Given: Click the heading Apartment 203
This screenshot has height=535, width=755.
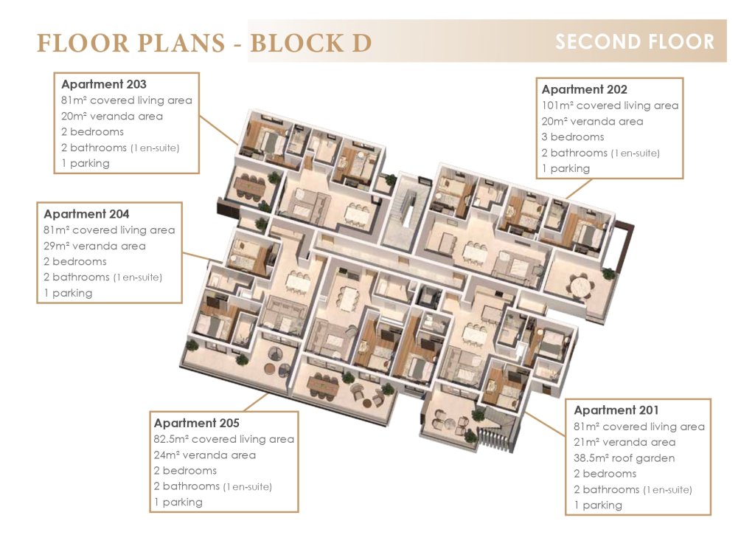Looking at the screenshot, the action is pyautogui.click(x=103, y=84).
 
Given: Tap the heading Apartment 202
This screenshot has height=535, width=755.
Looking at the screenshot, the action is pyautogui.click(x=584, y=89).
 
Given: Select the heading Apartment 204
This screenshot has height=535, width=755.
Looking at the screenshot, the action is pyautogui.click(x=86, y=214).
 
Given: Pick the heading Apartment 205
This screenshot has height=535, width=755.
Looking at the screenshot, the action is pyautogui.click(x=196, y=423).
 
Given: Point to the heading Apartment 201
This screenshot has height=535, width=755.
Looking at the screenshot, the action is pyautogui.click(x=616, y=410).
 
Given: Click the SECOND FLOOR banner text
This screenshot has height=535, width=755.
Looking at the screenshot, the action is pyautogui.click(x=635, y=42).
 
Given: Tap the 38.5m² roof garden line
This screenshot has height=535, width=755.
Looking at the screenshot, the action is pyautogui.click(x=624, y=458).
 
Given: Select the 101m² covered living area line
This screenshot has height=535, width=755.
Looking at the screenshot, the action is pyautogui.click(x=610, y=106).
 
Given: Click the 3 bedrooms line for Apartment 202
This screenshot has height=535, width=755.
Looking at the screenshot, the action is pyautogui.click(x=572, y=137).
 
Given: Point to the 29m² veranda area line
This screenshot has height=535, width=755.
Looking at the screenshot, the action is pyautogui.click(x=94, y=246).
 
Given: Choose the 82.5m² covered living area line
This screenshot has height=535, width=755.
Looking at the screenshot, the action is pyautogui.click(x=224, y=439).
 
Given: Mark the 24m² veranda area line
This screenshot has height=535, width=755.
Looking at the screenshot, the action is pyautogui.click(x=205, y=455).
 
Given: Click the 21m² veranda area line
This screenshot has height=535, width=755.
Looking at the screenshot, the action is pyautogui.click(x=624, y=442).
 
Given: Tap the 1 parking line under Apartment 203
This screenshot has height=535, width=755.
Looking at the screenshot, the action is pyautogui.click(x=86, y=163).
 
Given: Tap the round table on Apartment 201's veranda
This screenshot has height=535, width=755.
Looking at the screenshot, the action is pyautogui.click(x=450, y=424).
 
